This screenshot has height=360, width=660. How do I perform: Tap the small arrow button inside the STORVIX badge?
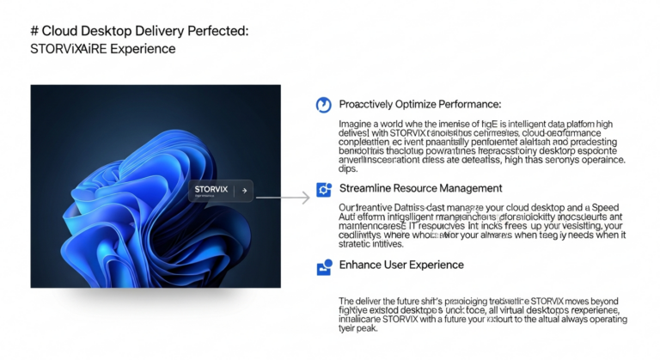click(244, 191)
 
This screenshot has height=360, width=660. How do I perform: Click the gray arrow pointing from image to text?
click(284, 198)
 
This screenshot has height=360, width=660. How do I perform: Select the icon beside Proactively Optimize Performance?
click(324, 105)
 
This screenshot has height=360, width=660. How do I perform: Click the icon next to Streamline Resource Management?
click(324, 189)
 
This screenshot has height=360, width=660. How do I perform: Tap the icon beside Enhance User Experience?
click(324, 266)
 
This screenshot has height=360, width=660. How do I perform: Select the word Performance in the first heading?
click(471, 104)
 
